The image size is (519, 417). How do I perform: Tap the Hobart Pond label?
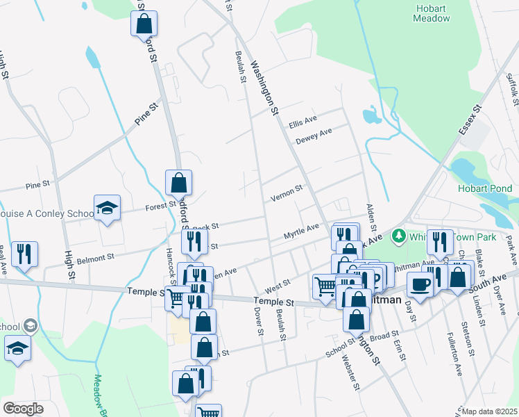(x=484, y=188)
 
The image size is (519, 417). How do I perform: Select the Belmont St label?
(x=96, y=258)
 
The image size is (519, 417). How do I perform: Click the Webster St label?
(x=353, y=375)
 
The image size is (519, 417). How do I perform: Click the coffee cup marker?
(x=420, y=284)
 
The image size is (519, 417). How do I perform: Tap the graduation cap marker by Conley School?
(x=107, y=208)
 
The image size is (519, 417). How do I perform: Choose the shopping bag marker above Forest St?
(x=178, y=183)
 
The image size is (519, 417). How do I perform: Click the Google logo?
(x=23, y=409)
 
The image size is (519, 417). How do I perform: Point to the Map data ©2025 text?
(x=490, y=411)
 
